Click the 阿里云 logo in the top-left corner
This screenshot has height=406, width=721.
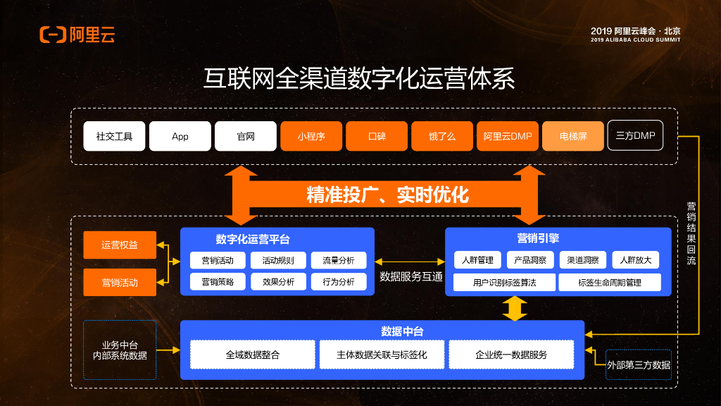click(x=77, y=35)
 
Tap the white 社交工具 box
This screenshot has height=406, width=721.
click(x=114, y=136)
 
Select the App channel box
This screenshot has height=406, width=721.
click(x=180, y=136)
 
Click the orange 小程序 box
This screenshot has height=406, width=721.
click(x=311, y=136)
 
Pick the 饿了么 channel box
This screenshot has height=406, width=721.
click(x=441, y=136)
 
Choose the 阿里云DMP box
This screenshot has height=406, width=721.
click(x=507, y=136)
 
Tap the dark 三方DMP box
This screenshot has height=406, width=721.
click(x=635, y=135)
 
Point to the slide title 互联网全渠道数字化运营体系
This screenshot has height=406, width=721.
click(x=360, y=78)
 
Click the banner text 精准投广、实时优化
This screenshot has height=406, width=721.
click(x=387, y=195)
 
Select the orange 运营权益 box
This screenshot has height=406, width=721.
click(x=120, y=245)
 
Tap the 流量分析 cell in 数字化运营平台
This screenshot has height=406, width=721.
click(x=339, y=260)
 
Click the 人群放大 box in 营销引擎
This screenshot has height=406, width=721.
click(x=636, y=260)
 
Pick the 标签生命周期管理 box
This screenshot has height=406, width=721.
click(x=610, y=283)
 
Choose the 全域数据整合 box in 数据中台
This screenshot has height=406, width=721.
click(x=253, y=355)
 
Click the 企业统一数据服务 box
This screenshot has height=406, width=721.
click(x=511, y=355)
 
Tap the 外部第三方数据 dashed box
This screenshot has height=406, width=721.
click(x=639, y=364)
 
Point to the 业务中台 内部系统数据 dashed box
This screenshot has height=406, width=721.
click(x=120, y=350)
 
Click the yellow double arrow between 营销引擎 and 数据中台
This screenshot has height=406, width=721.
click(x=515, y=308)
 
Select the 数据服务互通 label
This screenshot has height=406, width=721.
click(x=411, y=277)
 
